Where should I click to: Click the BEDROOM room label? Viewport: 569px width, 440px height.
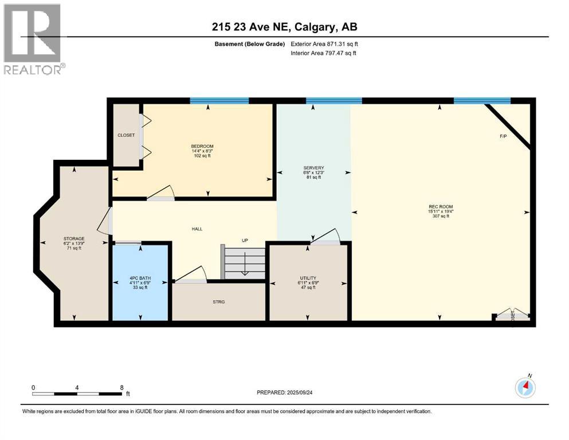[202, 146]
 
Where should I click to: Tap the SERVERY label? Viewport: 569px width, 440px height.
[313, 168]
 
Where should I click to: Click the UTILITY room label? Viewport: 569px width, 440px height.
[308, 278]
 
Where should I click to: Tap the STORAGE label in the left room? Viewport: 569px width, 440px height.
[74, 238]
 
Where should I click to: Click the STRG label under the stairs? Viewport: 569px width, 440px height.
[218, 301]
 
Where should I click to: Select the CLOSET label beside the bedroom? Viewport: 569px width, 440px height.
[126, 135]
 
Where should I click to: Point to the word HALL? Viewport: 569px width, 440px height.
[197, 229]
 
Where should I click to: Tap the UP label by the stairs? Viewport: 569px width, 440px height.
[245, 241]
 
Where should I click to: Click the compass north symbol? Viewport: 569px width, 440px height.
[525, 388]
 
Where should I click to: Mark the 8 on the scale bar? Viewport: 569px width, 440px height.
[121, 387]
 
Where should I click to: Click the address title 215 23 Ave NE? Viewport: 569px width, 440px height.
[284, 27]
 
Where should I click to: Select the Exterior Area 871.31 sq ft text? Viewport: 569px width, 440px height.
[325, 44]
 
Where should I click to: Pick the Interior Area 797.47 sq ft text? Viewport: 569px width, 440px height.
[324, 53]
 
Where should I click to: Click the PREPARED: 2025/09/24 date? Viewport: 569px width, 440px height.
[288, 392]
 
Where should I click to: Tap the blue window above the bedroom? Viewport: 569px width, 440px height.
[219, 101]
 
